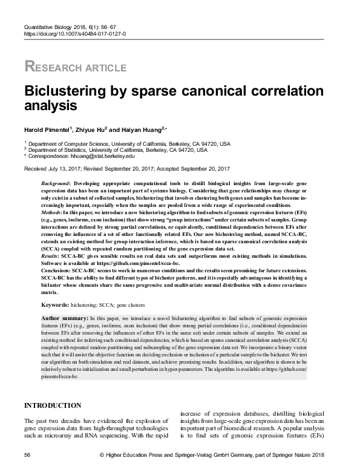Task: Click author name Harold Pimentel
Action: (47, 128)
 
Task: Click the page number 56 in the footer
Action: (27, 454)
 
